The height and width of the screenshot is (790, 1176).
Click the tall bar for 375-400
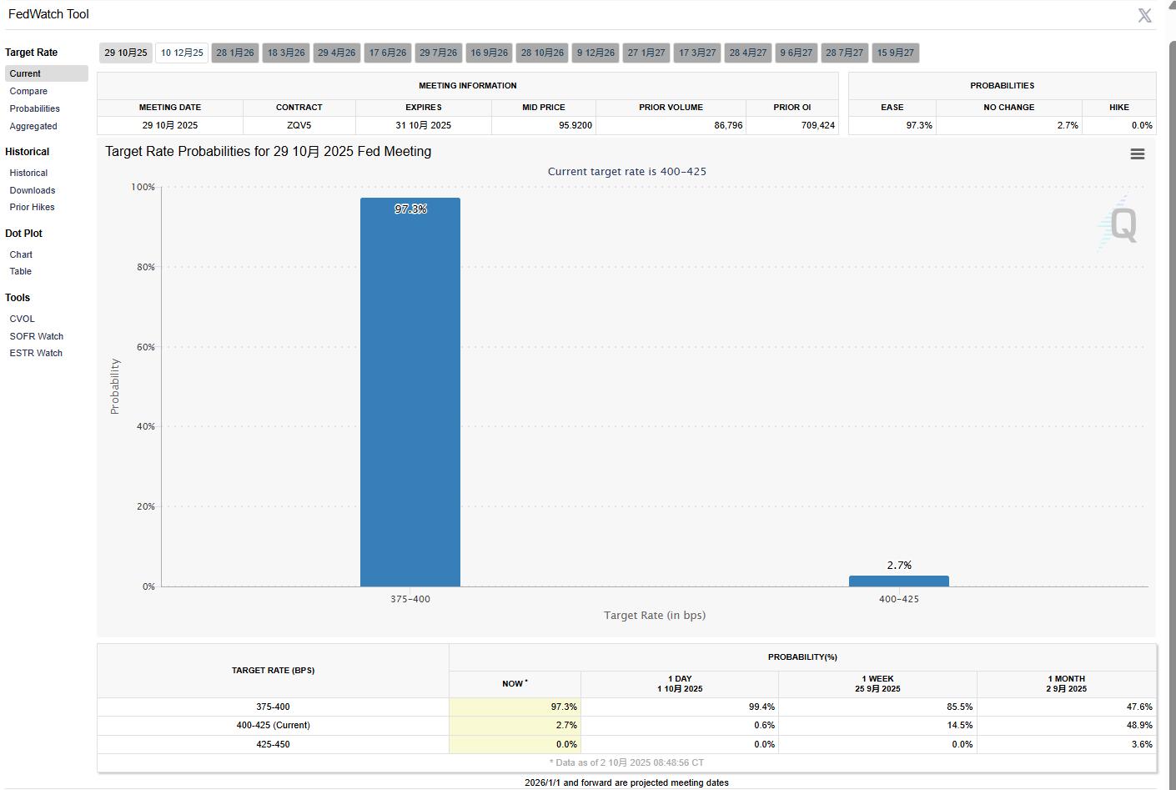[410, 392]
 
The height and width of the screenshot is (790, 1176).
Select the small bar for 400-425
[898, 581]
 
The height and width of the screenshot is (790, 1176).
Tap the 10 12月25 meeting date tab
[182, 53]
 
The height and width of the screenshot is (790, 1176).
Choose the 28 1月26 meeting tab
[235, 53]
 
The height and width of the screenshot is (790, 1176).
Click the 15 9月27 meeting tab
[895, 53]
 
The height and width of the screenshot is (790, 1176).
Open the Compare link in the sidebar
[28, 91]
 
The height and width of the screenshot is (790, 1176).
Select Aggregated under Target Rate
[33, 126]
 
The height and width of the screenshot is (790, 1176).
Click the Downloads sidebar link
[33, 190]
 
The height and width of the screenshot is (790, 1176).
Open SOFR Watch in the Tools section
[37, 336]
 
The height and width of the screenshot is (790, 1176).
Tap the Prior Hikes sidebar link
[32, 207]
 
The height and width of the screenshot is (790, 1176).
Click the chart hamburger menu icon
[1137, 154]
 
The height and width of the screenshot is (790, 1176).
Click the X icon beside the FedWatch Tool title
[1144, 15]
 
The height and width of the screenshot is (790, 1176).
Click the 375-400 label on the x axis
[410, 599]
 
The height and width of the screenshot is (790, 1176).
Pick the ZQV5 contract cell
[299, 125]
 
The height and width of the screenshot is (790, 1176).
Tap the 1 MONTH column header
[1066, 683]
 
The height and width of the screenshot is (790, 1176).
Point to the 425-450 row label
[273, 744]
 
